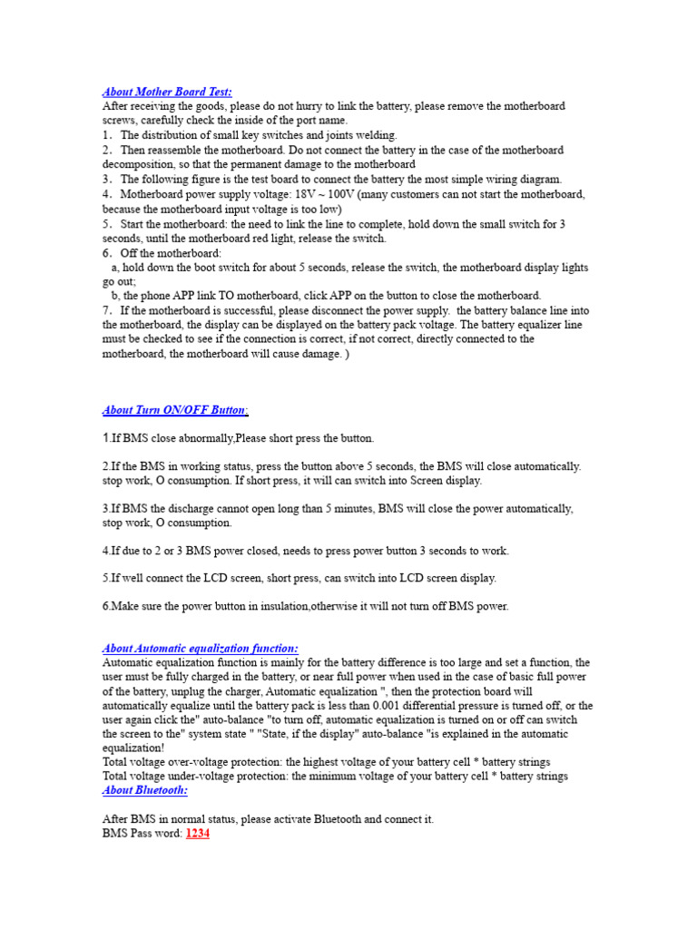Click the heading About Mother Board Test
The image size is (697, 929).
[x=167, y=92]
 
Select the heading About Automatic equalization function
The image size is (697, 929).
[x=200, y=649]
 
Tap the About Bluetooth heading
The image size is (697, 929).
[x=144, y=790]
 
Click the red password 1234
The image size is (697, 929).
[x=198, y=833]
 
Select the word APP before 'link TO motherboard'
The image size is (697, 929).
[x=177, y=296]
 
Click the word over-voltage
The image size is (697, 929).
[x=196, y=762]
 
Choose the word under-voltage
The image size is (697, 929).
[x=199, y=776]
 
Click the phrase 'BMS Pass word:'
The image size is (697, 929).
[x=143, y=833]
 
